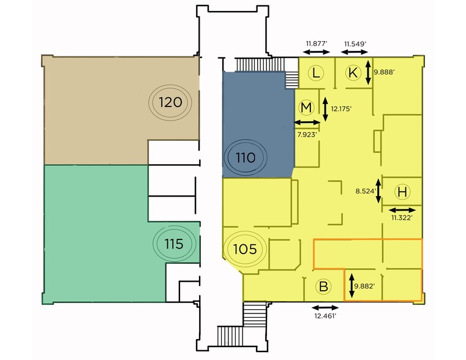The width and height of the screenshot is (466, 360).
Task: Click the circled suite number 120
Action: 170,101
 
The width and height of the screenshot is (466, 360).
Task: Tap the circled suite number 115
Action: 174,244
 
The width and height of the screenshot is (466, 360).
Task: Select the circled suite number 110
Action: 245,157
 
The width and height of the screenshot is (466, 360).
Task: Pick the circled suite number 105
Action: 244,249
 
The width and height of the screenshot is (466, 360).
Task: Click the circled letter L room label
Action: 315,73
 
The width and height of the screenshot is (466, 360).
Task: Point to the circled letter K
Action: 353,73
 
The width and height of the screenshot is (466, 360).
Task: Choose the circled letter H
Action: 402,192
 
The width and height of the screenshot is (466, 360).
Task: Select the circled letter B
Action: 324,287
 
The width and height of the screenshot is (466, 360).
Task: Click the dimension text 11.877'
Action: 317,43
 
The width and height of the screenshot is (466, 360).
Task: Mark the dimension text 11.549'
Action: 355,43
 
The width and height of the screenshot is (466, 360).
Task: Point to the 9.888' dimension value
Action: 385,72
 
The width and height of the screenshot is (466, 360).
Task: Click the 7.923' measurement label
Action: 306,133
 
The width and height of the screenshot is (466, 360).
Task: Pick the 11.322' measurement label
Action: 402,217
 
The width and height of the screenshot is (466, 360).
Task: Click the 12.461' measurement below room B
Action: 325,317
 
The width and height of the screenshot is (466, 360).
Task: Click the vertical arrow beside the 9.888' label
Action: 368,72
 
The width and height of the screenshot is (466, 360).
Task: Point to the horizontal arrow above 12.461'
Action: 325,307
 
